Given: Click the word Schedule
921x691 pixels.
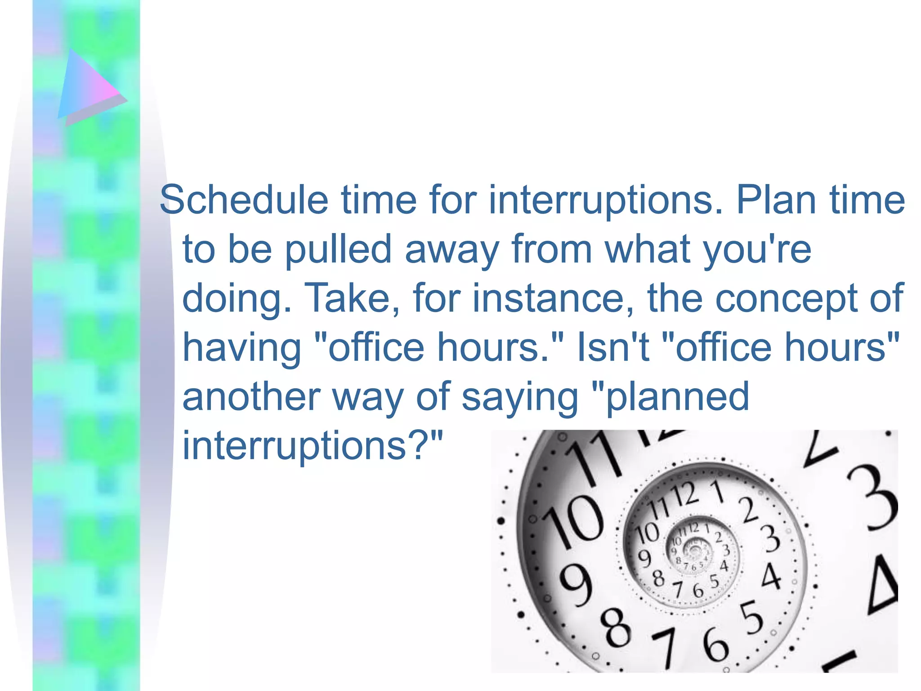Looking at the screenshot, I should tap(244, 200).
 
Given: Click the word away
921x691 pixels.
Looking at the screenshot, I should tap(452, 250).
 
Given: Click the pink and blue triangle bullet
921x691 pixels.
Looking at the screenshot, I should tap(90, 88).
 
